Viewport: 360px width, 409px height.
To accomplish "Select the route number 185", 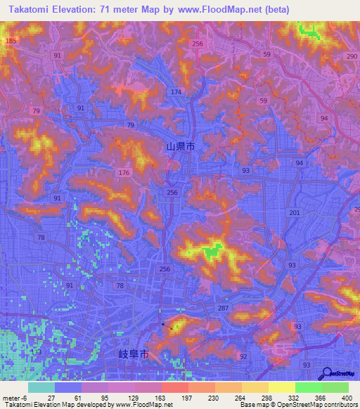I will [10, 41].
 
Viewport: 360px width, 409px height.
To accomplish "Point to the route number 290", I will [352, 56].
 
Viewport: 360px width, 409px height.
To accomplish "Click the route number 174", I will [176, 93].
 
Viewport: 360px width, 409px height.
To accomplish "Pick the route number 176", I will [124, 172].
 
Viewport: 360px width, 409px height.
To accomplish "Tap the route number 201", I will [294, 212].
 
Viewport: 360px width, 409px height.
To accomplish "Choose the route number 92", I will [243, 356].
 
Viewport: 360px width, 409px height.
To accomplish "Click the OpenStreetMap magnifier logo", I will [328, 374].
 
